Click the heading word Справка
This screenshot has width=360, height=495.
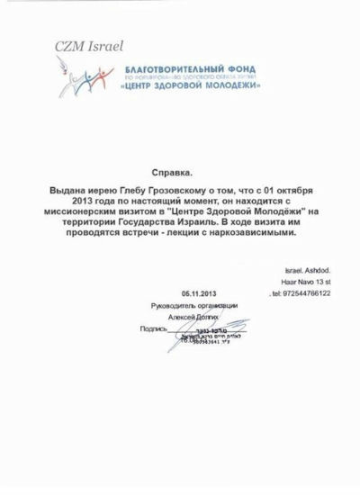(178, 169)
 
